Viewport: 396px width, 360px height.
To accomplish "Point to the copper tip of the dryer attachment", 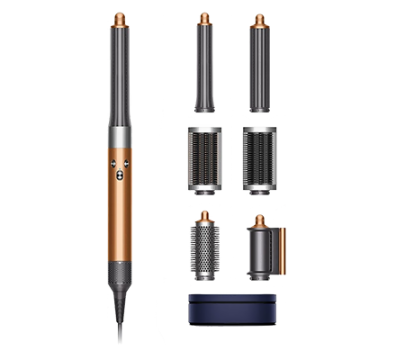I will coord(261,220).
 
